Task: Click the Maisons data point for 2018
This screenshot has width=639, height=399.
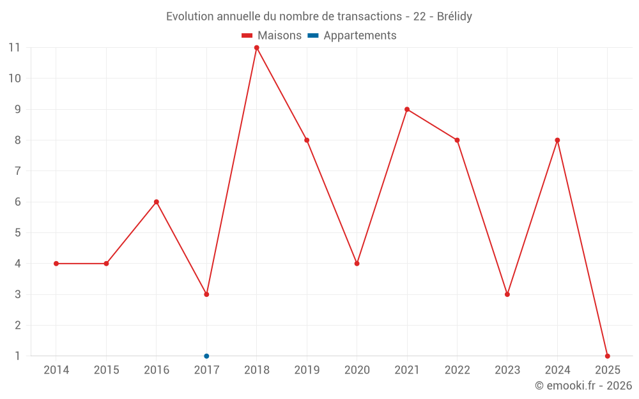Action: [x=256, y=48]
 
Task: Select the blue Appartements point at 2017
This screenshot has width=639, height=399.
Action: [x=206, y=356]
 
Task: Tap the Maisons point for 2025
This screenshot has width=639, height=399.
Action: [x=607, y=356]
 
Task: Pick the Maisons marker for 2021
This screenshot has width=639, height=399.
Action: [x=407, y=109]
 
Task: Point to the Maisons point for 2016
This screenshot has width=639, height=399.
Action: [x=157, y=202]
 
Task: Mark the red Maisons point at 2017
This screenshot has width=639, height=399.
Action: [x=206, y=294]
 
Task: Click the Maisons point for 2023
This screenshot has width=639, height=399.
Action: [x=507, y=294]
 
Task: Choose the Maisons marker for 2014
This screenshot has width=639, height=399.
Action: [x=56, y=264]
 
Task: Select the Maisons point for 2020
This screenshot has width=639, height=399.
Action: [x=357, y=264]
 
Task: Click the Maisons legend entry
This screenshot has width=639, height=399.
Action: [x=272, y=36]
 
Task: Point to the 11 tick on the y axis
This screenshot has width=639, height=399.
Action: [x=14, y=48]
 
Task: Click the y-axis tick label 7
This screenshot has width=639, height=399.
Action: [x=17, y=171]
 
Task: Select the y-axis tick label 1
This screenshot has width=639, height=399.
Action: [x=17, y=356]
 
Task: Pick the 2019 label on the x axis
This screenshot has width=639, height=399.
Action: [x=307, y=370]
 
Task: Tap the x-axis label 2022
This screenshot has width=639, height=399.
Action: [x=457, y=370]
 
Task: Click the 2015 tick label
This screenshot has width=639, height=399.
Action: [x=106, y=370]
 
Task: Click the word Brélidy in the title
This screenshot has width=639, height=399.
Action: [x=455, y=17]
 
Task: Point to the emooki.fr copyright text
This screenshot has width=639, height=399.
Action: [x=583, y=386]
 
